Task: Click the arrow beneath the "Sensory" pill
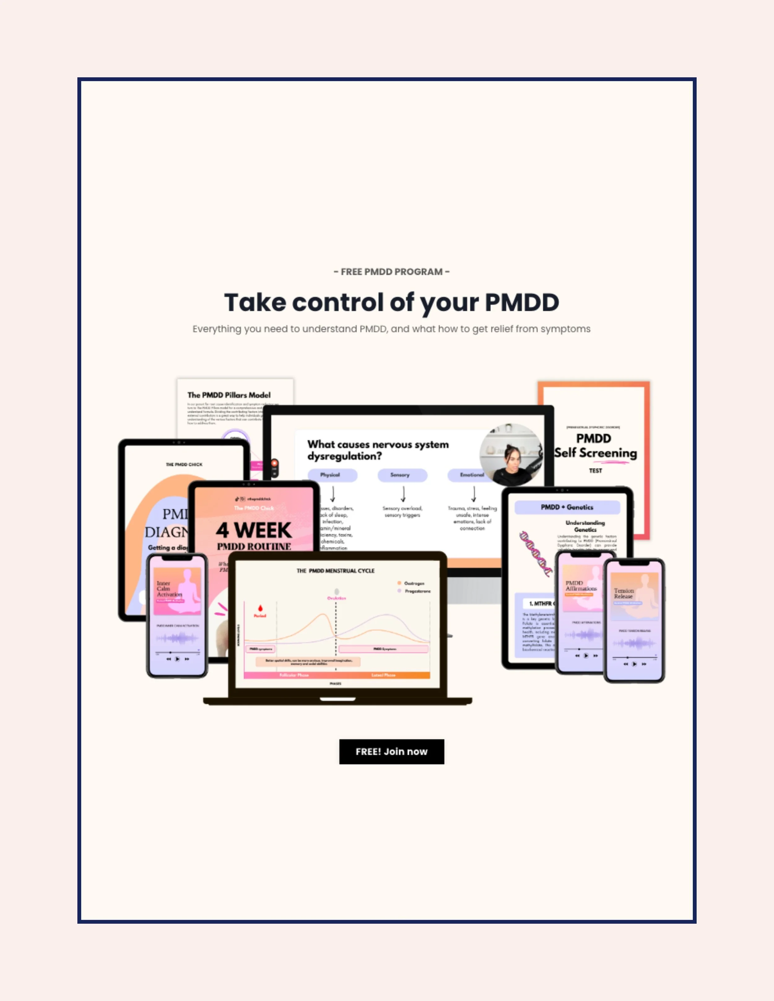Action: (403, 494)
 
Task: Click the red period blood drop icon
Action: (260, 609)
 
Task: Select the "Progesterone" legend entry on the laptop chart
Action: (417, 591)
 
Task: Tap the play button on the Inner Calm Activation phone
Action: (177, 659)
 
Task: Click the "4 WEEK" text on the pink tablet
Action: (254, 530)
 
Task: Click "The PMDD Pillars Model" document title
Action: (229, 395)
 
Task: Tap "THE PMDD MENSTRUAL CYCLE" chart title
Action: (335, 571)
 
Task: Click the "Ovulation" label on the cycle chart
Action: (337, 598)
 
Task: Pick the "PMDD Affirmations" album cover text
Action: (580, 586)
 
